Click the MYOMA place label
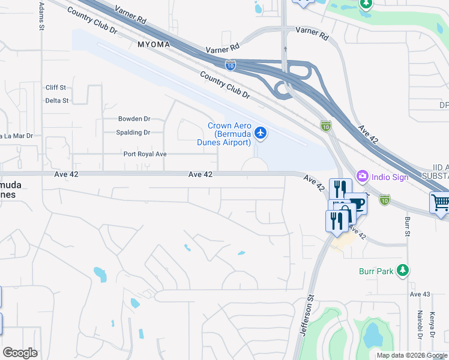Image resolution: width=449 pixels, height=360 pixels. (153, 45)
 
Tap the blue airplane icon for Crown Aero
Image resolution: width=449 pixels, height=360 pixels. (261, 133)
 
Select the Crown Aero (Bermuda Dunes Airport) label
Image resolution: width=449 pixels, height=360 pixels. (229, 134)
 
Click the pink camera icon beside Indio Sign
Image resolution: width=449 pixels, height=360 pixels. (362, 177)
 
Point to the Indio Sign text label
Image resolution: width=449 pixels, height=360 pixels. (390, 177)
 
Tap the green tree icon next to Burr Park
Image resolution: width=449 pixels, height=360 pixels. (403, 271)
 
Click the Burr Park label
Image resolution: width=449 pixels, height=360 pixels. (377, 272)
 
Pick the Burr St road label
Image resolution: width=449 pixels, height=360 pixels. (407, 227)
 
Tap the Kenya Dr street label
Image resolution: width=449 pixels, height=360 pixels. (432, 328)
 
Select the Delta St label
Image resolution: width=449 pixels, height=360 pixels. (57, 101)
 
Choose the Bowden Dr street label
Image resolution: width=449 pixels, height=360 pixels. (134, 119)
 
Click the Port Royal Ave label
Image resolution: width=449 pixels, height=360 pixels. (145, 154)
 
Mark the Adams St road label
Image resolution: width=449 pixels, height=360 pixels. (41, 16)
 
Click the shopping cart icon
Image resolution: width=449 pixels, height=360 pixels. (441, 203)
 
